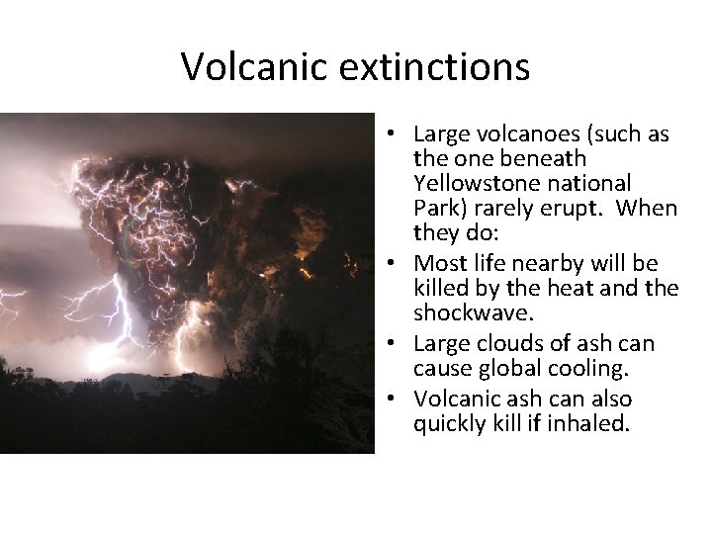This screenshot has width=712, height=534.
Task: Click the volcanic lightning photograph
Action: [x=187, y=283]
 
